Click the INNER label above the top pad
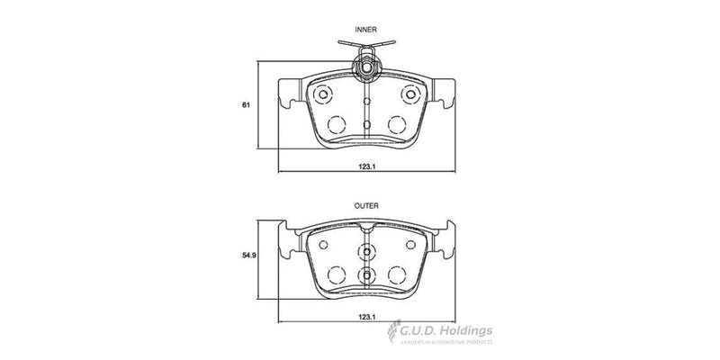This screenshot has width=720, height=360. coord(365,30)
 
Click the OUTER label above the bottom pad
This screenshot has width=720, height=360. coord(365,205)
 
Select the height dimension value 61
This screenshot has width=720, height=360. coord(245,105)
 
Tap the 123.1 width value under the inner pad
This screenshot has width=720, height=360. coord(365,166)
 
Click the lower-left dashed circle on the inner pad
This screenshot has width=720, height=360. coord(336,124)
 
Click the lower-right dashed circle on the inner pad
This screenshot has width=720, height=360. coord(396,124)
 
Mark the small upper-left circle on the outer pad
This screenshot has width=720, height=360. coord(324,242)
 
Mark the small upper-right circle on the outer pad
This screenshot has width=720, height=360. coord(408,242)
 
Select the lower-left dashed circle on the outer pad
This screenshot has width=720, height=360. coord(336,275)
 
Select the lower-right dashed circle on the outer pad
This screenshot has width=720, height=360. coord(396,275)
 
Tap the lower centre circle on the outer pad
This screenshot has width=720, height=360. coord(365,275)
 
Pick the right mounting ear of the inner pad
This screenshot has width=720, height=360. coord(443,94)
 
